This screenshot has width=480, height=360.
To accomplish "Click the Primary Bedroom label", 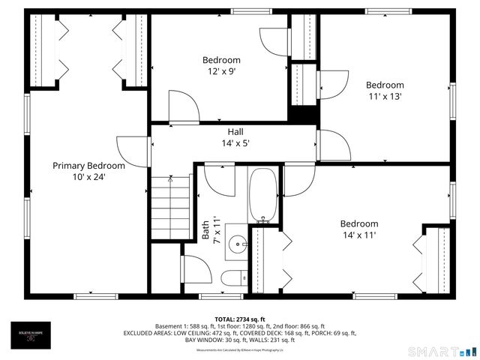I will [x=88, y=166].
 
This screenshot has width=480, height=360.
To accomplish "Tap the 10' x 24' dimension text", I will [x=88, y=177].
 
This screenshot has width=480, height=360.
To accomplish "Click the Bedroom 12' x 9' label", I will [x=221, y=61].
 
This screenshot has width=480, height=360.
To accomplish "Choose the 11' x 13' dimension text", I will [x=385, y=97].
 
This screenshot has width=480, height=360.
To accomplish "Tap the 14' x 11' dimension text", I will [x=359, y=235].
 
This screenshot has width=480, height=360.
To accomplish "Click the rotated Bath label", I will [x=205, y=229].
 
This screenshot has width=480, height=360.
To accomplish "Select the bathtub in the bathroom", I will [x=262, y=195].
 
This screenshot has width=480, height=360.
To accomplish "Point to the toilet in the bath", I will [x=231, y=278].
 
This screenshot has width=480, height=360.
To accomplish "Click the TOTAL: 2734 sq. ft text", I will [x=240, y=319].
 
